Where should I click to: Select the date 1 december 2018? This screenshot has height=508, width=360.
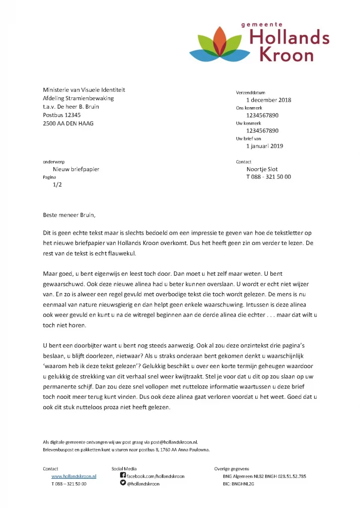point(269,100)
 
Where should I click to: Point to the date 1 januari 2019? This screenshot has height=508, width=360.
point(265,146)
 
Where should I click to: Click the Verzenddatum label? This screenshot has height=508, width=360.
point(250,93)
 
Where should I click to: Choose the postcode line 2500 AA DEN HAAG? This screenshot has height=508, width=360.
point(68,123)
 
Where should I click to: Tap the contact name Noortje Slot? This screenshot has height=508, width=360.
point(262,169)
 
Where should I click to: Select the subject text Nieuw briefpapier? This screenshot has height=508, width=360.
point(76,169)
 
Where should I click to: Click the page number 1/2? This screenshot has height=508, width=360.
point(58,185)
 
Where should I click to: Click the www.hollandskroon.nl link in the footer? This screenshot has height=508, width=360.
point(74,476)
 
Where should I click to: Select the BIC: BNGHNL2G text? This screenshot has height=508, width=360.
point(238,484)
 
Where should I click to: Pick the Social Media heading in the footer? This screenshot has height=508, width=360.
point(124,468)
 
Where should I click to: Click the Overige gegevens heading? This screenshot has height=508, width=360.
point(231,468)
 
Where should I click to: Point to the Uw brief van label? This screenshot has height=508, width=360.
point(248,139)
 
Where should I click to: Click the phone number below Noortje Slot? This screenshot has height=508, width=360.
point(269,177)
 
